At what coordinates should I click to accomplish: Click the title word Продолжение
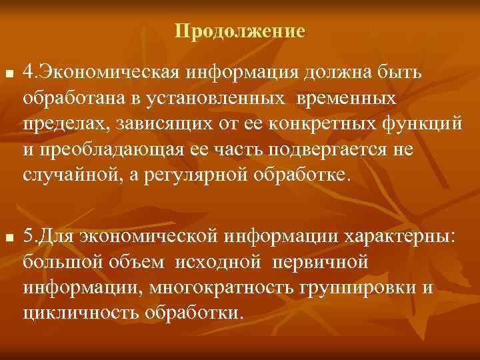pos(240,31)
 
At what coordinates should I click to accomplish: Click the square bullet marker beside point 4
pos(8,72)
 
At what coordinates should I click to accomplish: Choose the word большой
pos(57,263)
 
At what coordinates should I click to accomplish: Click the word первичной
pos(321,263)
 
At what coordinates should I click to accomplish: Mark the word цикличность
pos(73,313)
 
